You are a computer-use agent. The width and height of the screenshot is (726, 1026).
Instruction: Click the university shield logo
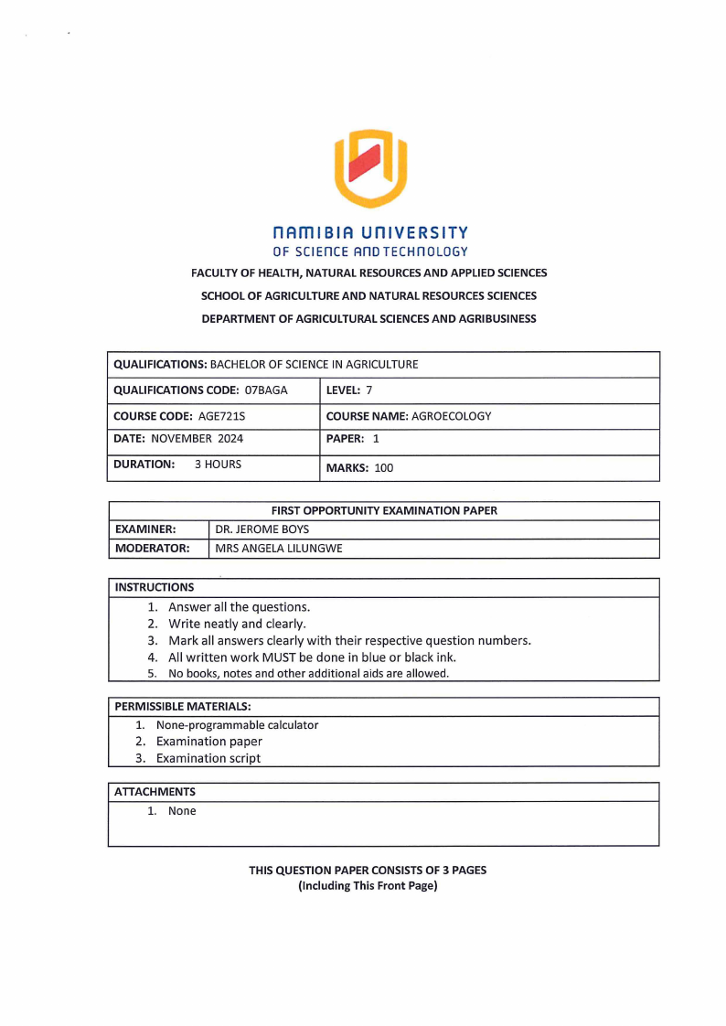369,168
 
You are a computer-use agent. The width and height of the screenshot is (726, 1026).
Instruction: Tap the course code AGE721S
221,416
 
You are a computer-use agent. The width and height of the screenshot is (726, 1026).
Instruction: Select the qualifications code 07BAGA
266,390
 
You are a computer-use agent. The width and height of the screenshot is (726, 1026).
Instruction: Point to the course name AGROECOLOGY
451,416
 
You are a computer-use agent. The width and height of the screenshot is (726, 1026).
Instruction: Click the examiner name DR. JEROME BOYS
262,529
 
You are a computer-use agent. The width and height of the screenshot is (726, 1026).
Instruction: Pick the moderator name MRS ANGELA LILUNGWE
278,549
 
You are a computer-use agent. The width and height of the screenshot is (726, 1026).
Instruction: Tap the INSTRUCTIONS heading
154,587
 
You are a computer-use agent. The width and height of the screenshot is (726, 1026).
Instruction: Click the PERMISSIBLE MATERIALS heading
182,706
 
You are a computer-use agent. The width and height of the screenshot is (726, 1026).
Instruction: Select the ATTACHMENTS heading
155,791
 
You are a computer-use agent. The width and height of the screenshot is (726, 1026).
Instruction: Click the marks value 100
384,468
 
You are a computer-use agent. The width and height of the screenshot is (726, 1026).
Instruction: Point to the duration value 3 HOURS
218,465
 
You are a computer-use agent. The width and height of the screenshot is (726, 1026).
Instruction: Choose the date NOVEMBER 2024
197,439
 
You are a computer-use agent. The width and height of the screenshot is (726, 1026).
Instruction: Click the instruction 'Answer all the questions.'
239,607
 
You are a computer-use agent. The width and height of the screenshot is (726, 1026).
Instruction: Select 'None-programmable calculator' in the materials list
237,725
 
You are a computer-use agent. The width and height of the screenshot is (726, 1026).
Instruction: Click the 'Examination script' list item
208,758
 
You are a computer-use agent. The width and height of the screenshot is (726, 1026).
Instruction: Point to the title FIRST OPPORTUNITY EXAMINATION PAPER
384,510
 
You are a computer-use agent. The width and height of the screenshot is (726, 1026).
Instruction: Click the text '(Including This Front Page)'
368,886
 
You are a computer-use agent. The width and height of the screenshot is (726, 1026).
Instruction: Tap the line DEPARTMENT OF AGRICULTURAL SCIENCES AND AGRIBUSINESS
368,319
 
